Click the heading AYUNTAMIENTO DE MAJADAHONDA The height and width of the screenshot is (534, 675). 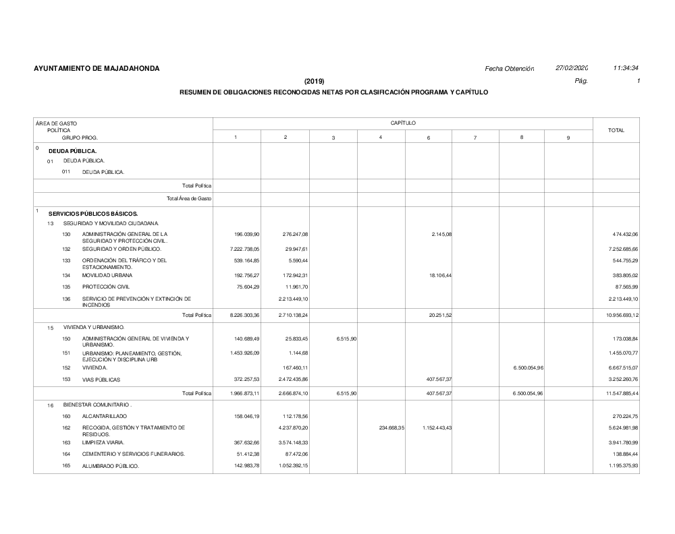point(97,69)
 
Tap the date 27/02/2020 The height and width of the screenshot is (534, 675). point(572,68)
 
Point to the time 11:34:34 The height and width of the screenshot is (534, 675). point(626,68)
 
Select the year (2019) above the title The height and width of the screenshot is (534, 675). point(315,82)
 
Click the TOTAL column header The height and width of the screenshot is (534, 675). point(616,130)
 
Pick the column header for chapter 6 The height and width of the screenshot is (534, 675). point(429,138)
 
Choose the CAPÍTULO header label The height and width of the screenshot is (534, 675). point(402,123)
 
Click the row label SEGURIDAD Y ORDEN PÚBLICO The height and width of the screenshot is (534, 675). point(122,249)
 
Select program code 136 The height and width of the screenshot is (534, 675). point(66,298)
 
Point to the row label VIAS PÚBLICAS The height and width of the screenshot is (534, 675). point(101,380)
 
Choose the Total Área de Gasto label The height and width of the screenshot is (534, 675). point(189,198)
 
